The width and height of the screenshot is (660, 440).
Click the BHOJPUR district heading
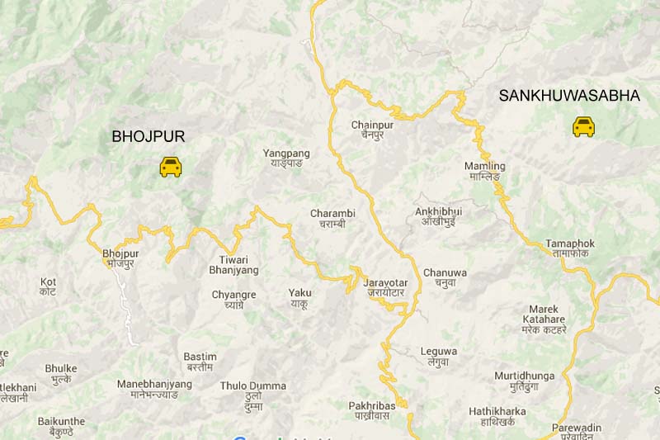[x=148, y=136]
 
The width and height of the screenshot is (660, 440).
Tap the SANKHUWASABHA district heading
[x=569, y=96]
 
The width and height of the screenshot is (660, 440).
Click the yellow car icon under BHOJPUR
[x=171, y=166]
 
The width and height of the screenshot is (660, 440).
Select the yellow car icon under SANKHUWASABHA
[x=583, y=126]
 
